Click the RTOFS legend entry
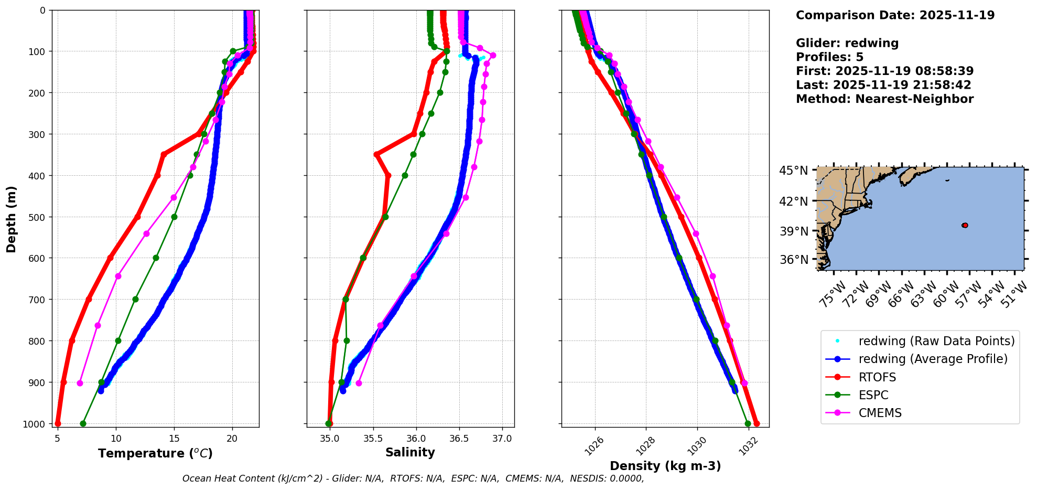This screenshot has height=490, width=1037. coord(877,377)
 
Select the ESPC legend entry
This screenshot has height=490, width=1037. coord(873,395)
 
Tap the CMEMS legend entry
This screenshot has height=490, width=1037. coord(880,413)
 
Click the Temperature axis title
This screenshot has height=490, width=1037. coord(155,453)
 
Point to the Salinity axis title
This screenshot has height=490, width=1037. coord(410,452)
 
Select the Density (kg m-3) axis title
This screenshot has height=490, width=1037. coord(665,466)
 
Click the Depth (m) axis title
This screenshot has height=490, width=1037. coord(12,219)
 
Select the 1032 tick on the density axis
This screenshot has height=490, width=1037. coord(748,445)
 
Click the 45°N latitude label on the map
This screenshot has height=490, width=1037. coord(793,171)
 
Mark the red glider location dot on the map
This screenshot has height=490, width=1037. coord(965,225)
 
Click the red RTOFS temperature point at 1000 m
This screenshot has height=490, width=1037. coord(58,423)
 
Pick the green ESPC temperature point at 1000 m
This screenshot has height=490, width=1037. coord(83,423)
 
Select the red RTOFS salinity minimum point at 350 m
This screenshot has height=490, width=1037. coord(376,154)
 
